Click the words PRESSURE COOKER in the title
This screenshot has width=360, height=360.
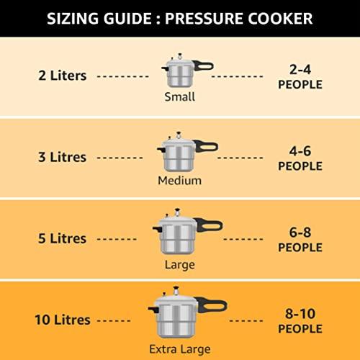(x=240, y=17)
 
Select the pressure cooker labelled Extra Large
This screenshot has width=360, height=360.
(x=176, y=314)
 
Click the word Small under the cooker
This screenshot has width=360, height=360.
(x=179, y=97)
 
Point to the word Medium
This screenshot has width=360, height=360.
(x=179, y=180)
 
